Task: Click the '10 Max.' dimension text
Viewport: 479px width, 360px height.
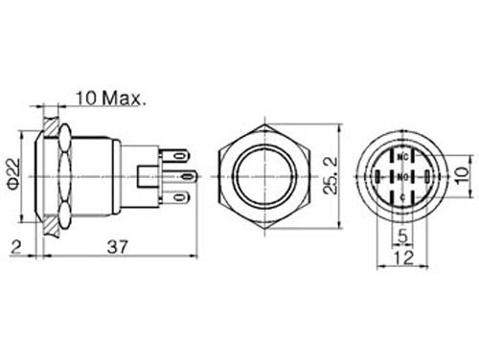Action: pos(109,98)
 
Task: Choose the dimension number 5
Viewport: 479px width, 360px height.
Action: pos(402,236)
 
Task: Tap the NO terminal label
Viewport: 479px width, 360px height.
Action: pos(403,177)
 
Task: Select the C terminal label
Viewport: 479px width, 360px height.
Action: pos(403,197)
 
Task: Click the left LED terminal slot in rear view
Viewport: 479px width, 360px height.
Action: pos(379,177)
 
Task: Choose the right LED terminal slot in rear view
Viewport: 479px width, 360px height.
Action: pos(426,177)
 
